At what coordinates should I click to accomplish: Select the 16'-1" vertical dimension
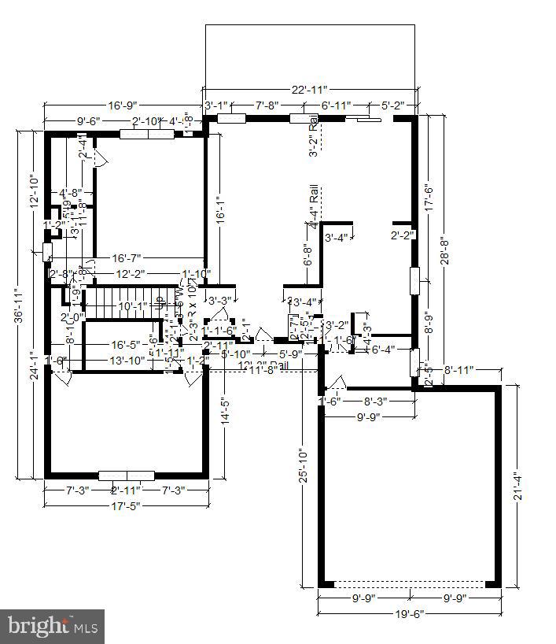221,206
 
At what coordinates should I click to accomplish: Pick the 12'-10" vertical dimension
33,191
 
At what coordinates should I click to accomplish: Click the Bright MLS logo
53,627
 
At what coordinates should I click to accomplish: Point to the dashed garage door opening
409,584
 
